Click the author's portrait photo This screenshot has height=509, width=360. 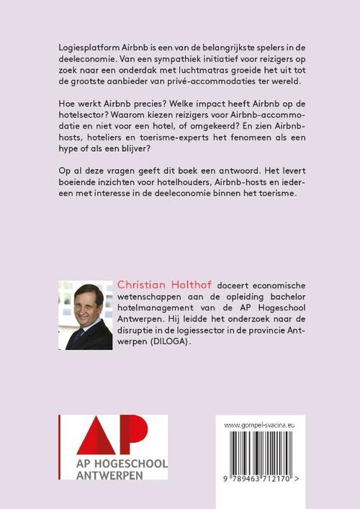[x=85, y=316]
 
